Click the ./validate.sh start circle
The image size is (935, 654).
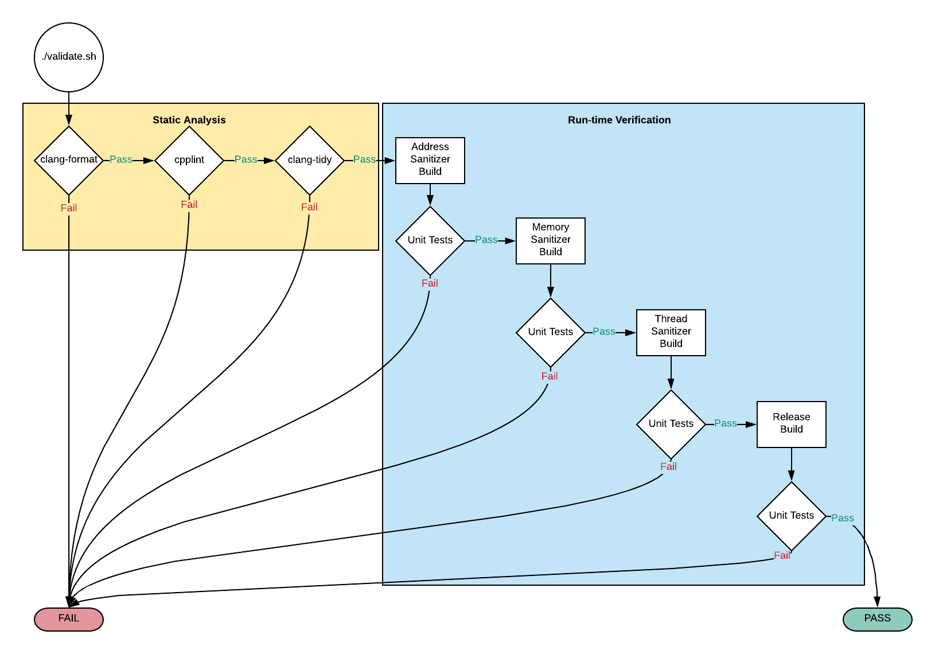pyautogui.click(x=69, y=57)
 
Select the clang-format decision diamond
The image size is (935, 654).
pyautogui.click(x=69, y=160)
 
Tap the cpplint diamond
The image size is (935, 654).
pyautogui.click(x=189, y=160)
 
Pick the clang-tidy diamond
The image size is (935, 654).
pyautogui.click(x=310, y=160)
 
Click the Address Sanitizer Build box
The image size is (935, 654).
pyautogui.click(x=430, y=160)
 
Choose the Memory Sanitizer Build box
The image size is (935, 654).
pyautogui.click(x=551, y=240)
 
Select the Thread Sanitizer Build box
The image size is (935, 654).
pyautogui.click(x=671, y=332)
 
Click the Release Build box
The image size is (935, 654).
pyautogui.click(x=792, y=424)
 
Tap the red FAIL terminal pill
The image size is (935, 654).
pyautogui.click(x=69, y=619)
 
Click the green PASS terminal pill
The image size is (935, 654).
pyautogui.click(x=877, y=619)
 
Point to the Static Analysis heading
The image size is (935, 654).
pyautogui.click(x=189, y=120)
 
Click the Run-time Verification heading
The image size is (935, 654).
pyautogui.click(x=619, y=120)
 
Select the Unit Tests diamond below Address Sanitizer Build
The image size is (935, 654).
pyautogui.click(x=430, y=240)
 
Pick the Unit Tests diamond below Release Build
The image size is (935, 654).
pyautogui.click(x=792, y=516)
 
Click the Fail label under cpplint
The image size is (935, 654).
pyautogui.click(x=189, y=205)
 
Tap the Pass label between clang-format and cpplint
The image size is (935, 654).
pyautogui.click(x=121, y=159)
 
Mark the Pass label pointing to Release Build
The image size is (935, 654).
pyautogui.click(x=726, y=423)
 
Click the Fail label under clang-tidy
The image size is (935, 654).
pyautogui.click(x=309, y=207)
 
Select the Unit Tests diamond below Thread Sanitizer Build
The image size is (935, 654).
pyautogui.click(x=671, y=424)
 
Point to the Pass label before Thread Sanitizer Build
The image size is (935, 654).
pyautogui.click(x=604, y=332)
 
